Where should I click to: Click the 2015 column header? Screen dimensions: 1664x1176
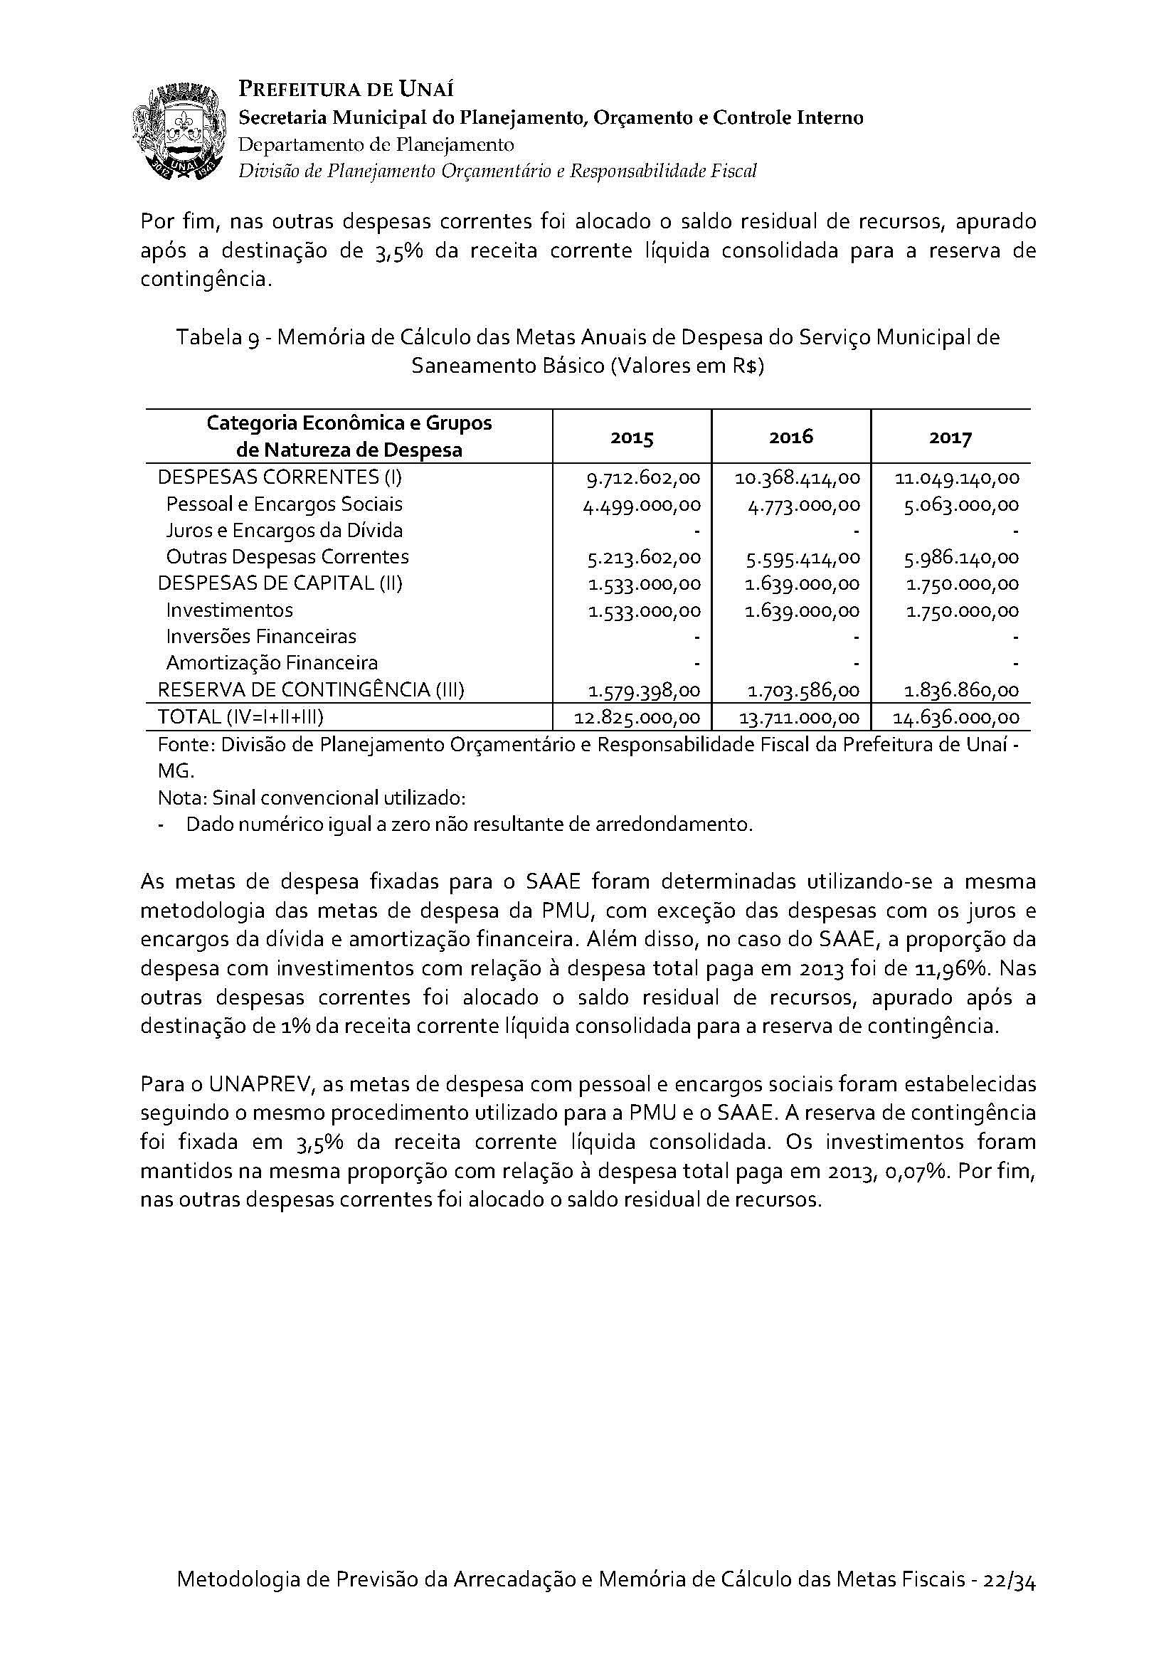coord(632,438)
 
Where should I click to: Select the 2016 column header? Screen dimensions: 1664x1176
coord(791,436)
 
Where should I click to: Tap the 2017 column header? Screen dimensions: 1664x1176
coord(950,438)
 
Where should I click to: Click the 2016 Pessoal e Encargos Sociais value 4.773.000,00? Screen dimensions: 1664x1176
coord(803,505)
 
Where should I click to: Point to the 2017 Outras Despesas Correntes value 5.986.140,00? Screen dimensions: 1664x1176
coord(962,558)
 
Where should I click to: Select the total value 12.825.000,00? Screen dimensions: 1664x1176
coord(637,719)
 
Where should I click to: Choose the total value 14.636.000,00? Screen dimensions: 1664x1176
coord(956,719)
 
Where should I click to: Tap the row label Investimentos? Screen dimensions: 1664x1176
coord(229,610)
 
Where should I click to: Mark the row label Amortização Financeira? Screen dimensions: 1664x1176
coord(272,663)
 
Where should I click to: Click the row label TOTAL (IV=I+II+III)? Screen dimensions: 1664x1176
coord(240,718)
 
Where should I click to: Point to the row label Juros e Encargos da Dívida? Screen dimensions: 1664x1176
coord(284,531)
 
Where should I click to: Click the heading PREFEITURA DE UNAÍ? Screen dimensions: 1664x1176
coord(346,90)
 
